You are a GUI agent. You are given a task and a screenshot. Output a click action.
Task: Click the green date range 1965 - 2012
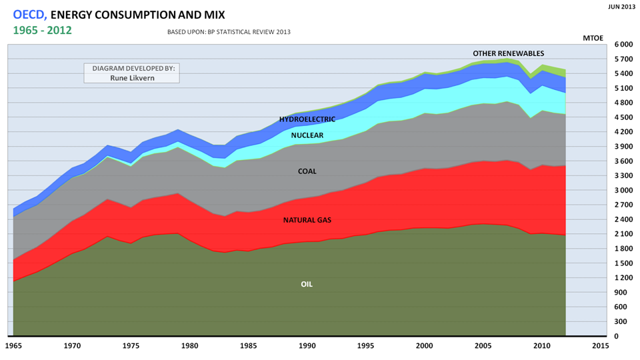point(43,30)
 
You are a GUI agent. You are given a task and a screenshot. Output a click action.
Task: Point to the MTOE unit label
point(593,38)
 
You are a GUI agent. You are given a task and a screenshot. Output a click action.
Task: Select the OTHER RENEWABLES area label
point(509,53)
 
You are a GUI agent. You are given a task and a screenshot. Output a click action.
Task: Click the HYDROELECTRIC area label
point(307,119)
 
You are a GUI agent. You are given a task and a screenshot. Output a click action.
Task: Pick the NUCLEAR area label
point(307,135)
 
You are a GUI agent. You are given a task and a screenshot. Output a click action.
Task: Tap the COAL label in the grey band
point(307,171)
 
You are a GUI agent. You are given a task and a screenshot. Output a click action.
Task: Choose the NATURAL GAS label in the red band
point(307,220)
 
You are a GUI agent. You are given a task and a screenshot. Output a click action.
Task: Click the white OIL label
point(307,284)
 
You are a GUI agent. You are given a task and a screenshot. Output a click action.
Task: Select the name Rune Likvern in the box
point(132,77)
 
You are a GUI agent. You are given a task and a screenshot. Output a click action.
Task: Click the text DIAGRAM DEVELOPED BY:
point(132,68)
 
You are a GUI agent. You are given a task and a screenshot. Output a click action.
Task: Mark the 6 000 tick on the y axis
point(623,45)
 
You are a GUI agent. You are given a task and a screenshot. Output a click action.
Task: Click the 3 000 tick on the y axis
point(623,191)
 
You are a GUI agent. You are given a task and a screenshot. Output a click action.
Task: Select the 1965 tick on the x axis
point(13,346)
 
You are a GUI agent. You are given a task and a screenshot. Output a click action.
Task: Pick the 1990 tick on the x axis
point(307,346)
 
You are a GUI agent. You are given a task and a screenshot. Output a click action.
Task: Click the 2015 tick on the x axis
point(600,346)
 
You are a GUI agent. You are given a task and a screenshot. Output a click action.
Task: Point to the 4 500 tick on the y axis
point(623,117)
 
